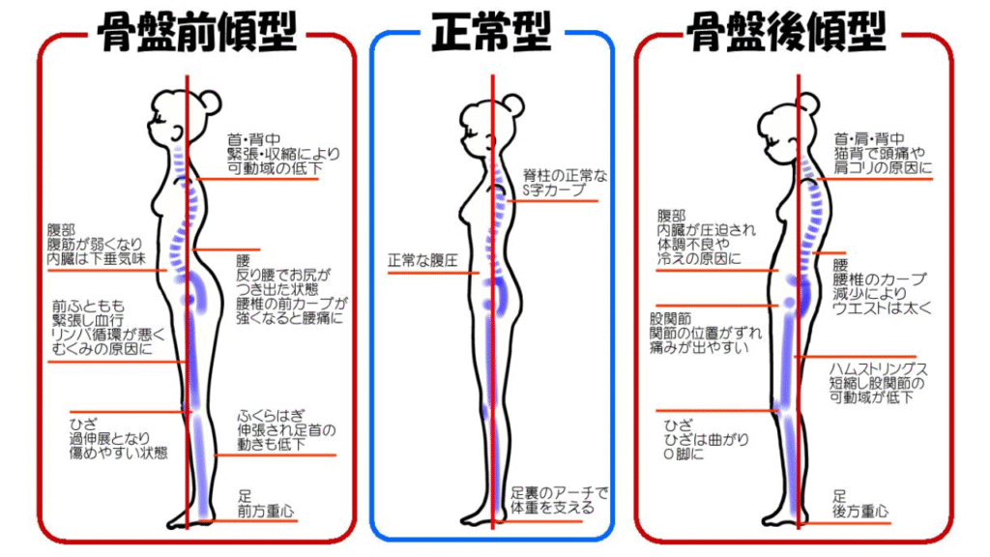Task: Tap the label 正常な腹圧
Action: pyautogui.click(x=422, y=261)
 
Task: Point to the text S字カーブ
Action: pyautogui.click(x=554, y=191)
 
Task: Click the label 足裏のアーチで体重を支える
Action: pyautogui.click(x=561, y=500)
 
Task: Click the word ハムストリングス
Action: pyautogui.click(x=879, y=369)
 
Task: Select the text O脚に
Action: pyautogui.click(x=684, y=454)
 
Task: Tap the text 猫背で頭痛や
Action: pyautogui.click(x=880, y=153)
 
